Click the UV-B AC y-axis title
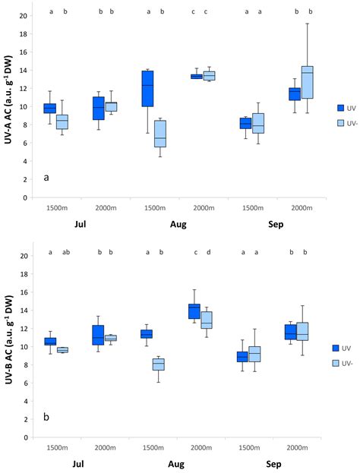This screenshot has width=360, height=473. [10, 346]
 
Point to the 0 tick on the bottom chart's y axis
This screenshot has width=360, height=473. [27, 438]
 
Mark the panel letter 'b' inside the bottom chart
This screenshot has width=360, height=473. [47, 417]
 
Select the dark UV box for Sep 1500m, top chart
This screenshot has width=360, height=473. [245, 123]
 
